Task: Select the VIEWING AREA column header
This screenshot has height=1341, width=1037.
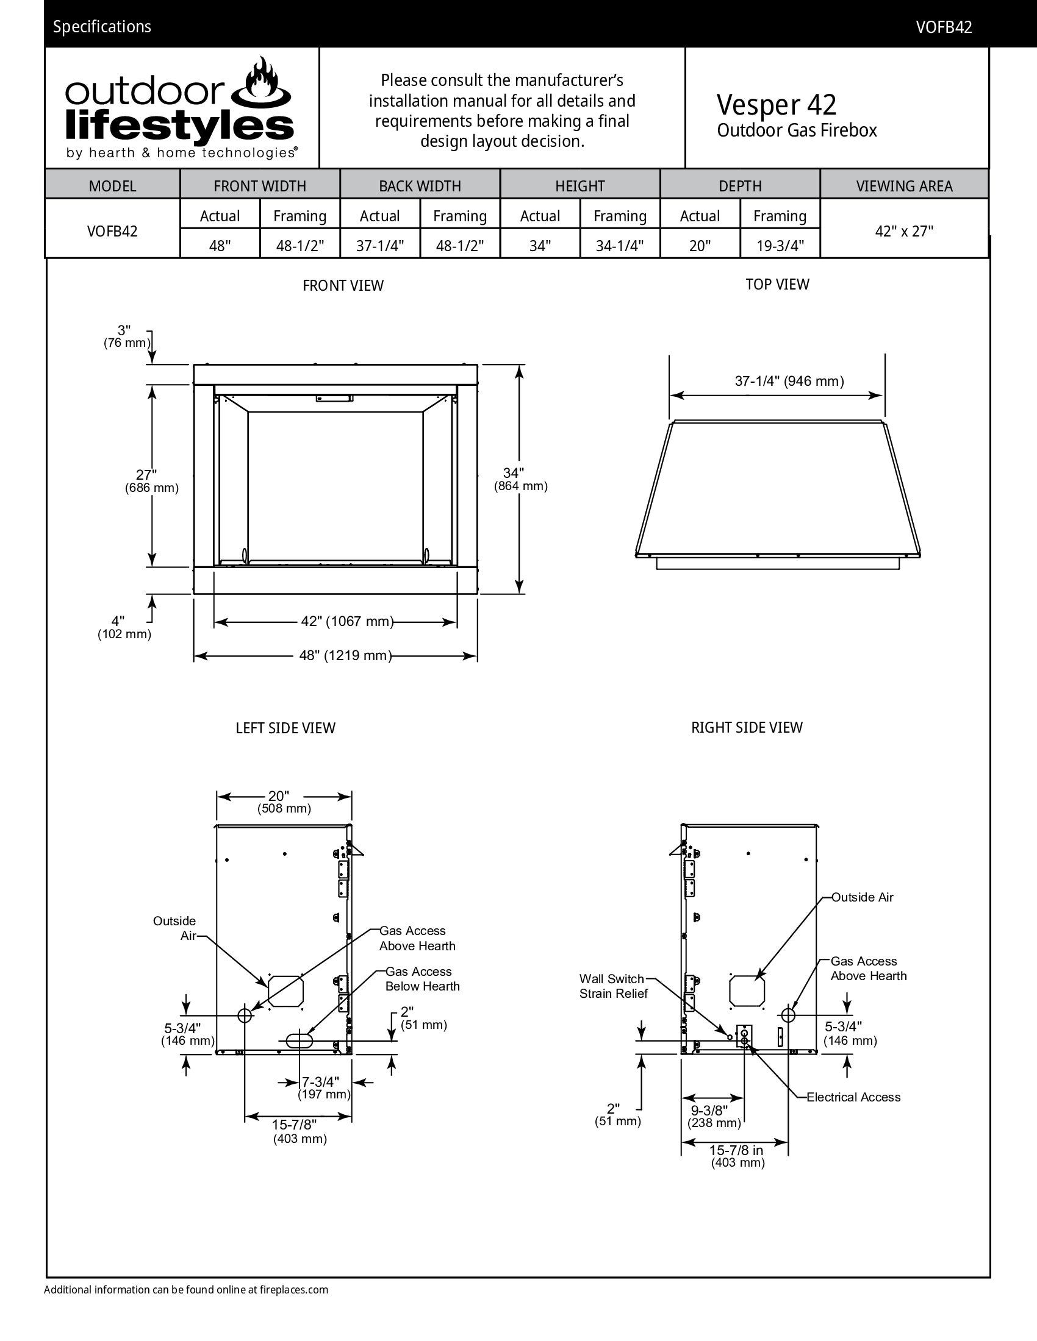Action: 903,186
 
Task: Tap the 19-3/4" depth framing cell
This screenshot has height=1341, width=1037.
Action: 780,246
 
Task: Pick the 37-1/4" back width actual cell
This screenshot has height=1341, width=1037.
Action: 379,246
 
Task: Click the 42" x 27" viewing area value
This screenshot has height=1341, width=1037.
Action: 903,231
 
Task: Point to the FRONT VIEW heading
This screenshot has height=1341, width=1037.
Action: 343,285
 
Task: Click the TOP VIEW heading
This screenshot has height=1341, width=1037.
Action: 777,284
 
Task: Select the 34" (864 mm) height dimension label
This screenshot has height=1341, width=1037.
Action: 520,479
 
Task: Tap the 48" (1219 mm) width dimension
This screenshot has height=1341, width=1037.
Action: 345,655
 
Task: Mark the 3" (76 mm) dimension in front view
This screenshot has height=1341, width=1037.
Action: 125,336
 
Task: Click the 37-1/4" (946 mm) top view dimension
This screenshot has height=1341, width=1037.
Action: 789,382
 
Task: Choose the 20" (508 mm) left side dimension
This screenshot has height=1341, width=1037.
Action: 283,802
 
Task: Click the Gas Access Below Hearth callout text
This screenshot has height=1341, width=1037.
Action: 422,979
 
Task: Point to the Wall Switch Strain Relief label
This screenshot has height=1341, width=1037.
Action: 612,986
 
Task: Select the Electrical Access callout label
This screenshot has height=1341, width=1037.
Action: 853,1097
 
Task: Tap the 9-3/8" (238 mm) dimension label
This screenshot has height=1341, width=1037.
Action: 713,1116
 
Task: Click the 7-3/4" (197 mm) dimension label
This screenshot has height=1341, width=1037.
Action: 323,1087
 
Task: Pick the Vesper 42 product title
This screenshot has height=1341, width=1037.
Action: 776,104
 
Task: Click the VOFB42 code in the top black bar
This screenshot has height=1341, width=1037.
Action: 944,27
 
